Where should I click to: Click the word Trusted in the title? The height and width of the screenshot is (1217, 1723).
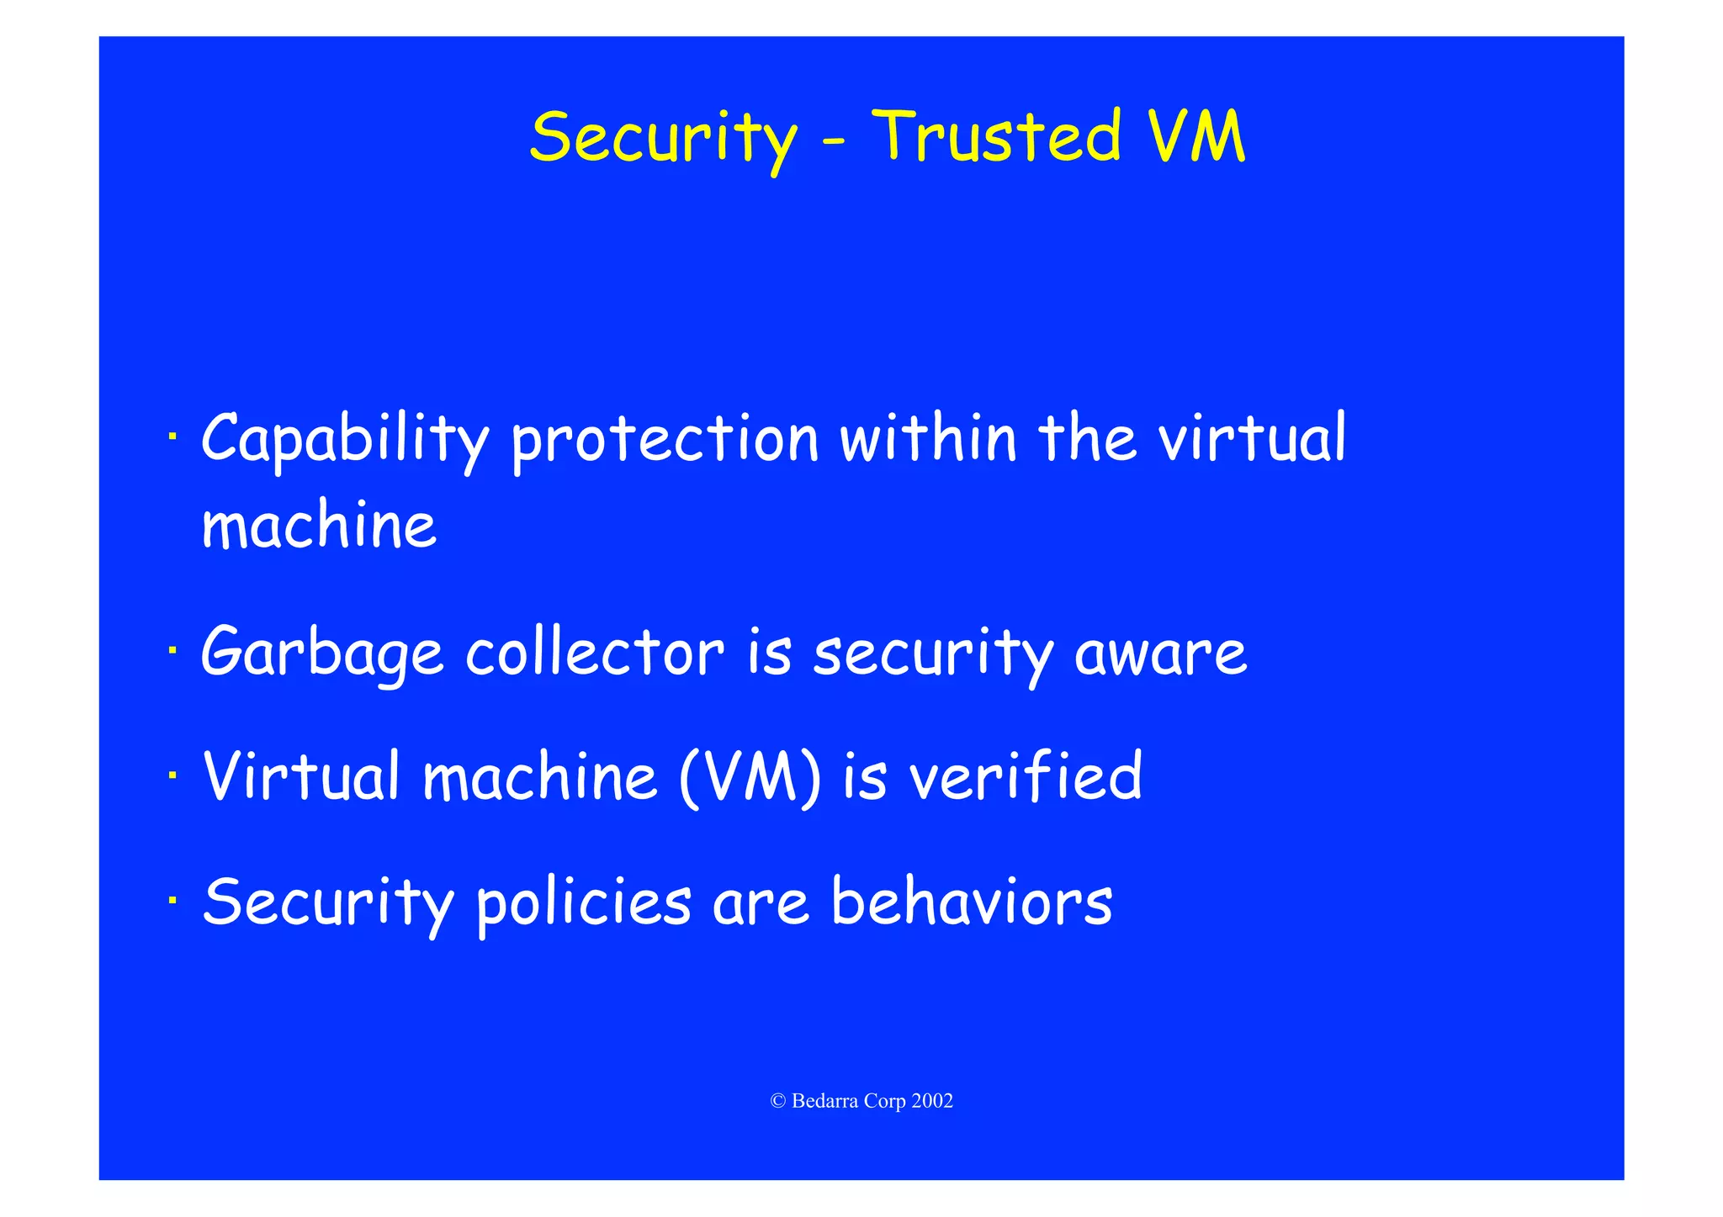(997, 136)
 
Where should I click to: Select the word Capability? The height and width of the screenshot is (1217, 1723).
(344, 440)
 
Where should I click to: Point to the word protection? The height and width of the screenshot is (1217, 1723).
(665, 440)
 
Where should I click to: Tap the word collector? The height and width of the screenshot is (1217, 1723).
(595, 653)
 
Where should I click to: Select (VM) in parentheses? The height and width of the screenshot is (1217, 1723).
(750, 777)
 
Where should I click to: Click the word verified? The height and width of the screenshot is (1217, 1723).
(1026, 775)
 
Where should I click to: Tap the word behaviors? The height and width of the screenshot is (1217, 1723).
(972, 902)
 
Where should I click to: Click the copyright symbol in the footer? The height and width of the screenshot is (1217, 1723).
(777, 1101)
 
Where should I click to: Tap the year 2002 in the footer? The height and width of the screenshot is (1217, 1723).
(931, 1101)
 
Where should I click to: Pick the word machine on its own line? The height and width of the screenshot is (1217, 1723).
(320, 526)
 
